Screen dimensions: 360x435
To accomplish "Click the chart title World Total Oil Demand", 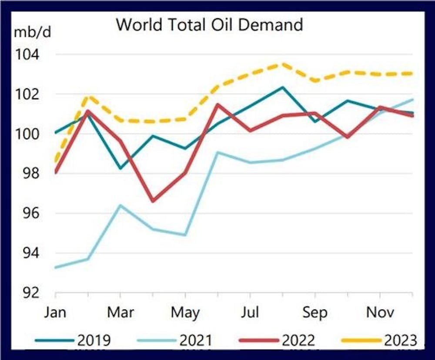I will (209, 24).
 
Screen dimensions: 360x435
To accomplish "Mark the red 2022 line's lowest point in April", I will (153, 201).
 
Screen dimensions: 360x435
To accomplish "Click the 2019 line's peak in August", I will (283, 87).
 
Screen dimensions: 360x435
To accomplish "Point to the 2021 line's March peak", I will (120, 205).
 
